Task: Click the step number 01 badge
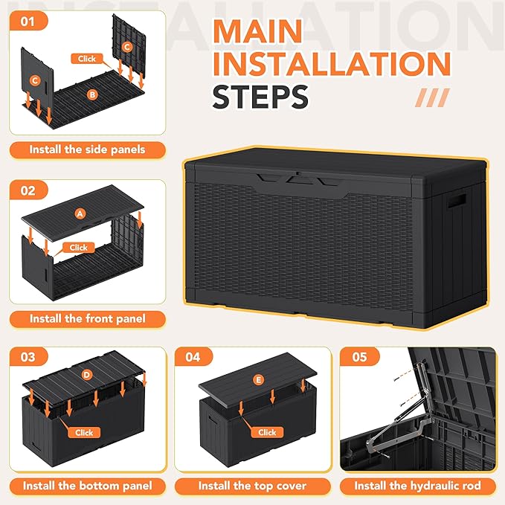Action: pos(28,22)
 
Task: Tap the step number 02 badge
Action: pos(28,190)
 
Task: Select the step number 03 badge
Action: pos(28,357)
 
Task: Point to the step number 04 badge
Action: pos(193,357)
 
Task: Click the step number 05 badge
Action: pos(359,357)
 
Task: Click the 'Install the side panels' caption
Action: pos(87,149)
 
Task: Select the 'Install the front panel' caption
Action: pos(87,318)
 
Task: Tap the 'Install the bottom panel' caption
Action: pos(87,486)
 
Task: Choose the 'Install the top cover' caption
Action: pos(252,486)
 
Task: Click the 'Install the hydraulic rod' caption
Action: pos(417,486)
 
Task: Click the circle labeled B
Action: pos(92,94)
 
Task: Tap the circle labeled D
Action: pos(86,375)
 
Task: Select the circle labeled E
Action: pos(258,380)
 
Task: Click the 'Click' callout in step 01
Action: pos(88,58)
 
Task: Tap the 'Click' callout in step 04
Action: pos(267,432)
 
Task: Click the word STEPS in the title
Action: pos(260,97)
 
